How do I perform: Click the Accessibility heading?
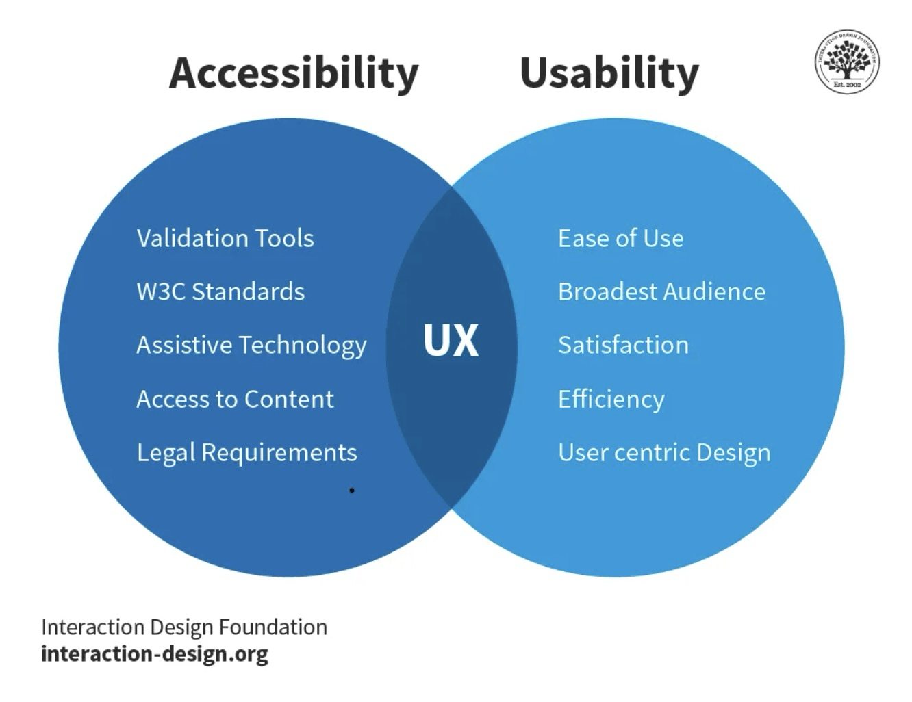294,73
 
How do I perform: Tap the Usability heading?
609,73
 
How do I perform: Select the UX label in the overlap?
451,340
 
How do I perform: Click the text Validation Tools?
225,238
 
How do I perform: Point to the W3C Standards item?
220,291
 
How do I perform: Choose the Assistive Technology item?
251,346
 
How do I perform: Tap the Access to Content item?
235,399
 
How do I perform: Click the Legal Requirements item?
246,453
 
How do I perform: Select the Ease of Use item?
620,238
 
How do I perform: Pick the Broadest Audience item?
661,291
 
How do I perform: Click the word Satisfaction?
623,345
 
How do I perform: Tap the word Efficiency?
611,399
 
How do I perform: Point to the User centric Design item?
664,453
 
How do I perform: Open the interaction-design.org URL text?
154,653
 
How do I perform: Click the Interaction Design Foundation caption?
183,627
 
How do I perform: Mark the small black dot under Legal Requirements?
352,490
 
